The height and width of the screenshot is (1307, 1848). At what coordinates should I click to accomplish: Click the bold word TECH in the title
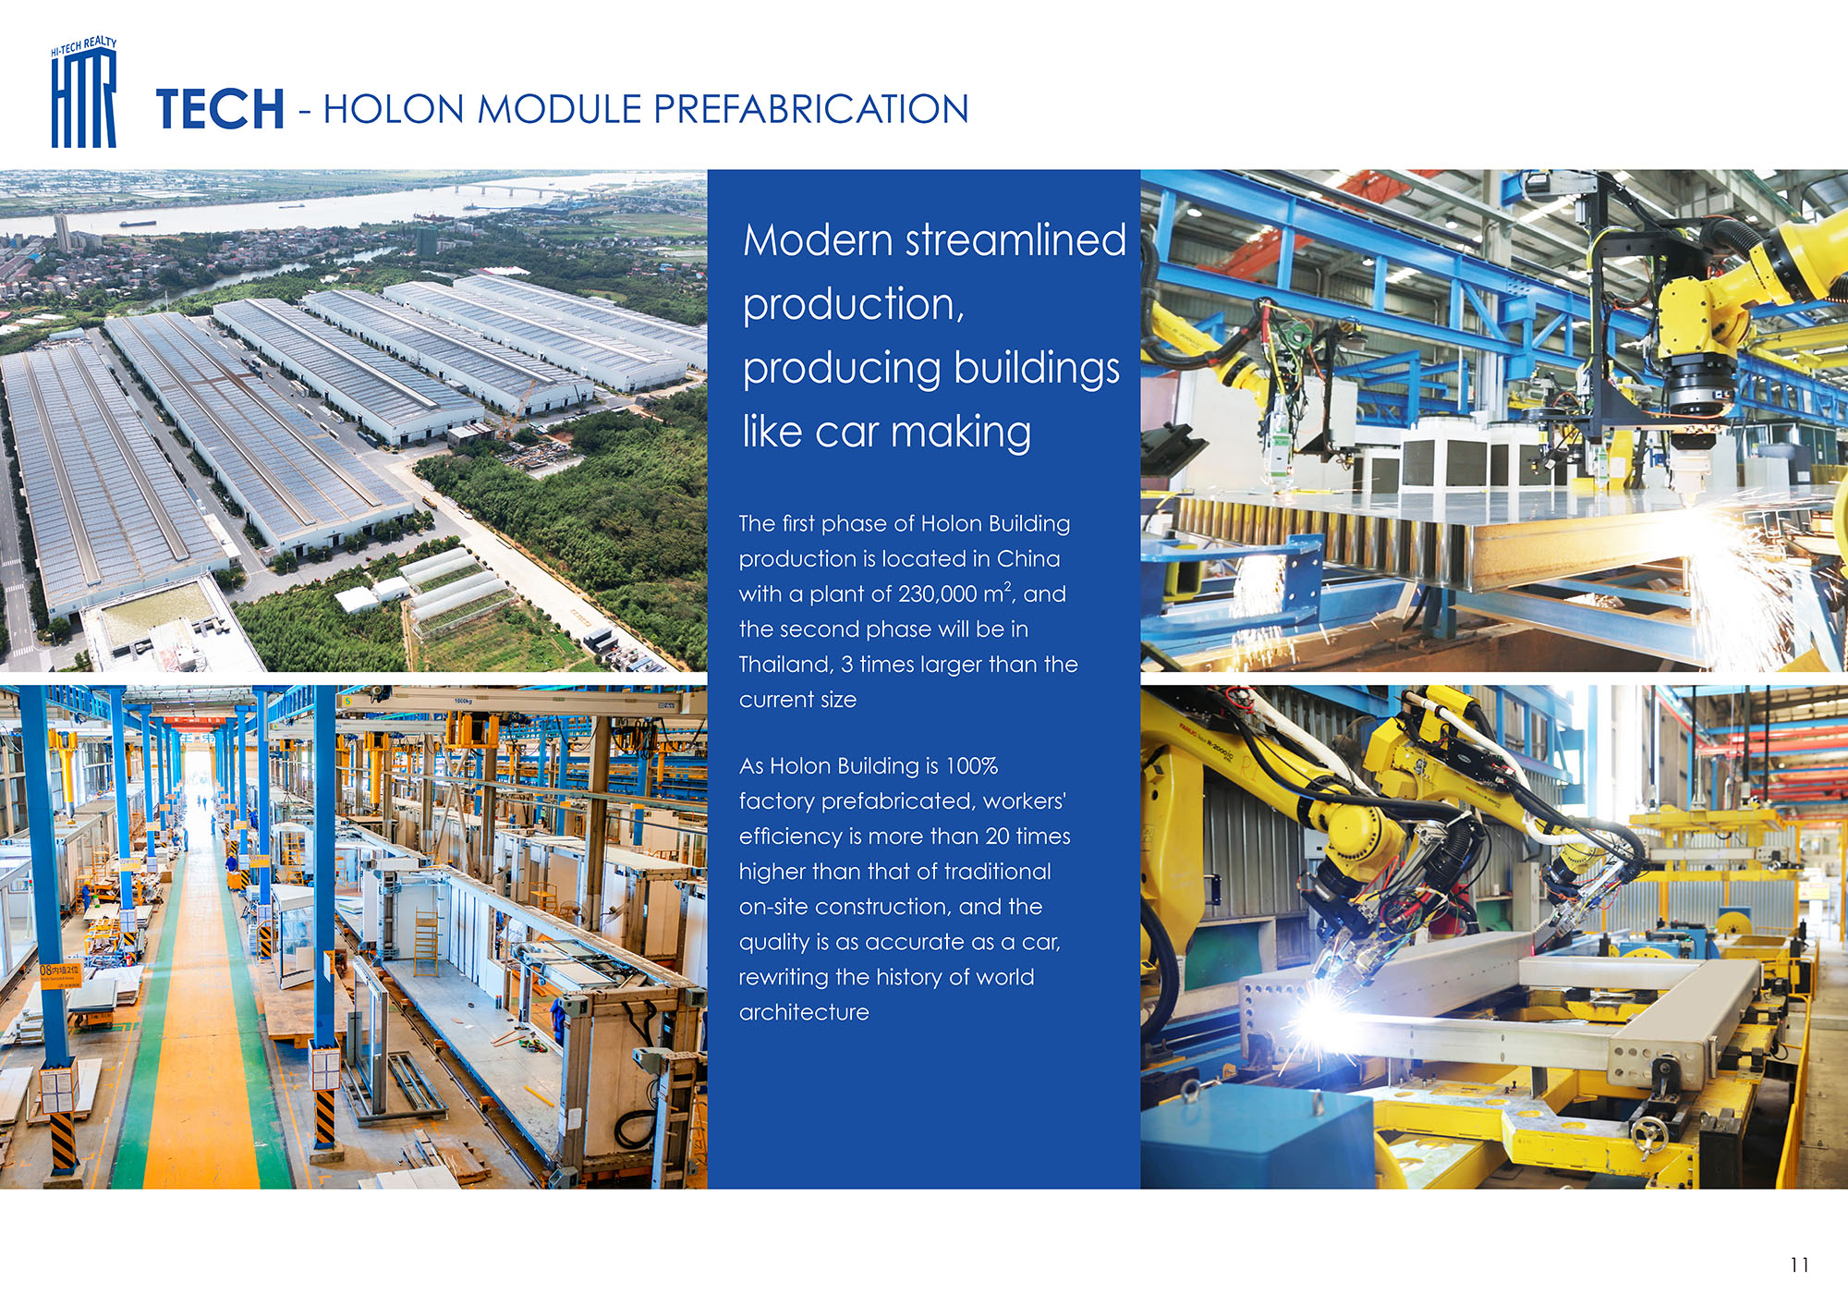(220, 109)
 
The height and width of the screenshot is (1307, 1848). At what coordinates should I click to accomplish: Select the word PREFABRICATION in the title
(811, 109)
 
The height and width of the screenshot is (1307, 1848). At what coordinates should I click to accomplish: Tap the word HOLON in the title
(394, 109)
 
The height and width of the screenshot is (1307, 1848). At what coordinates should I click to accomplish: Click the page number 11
(1799, 1264)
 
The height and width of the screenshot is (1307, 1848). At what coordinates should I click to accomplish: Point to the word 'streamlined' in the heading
(1015, 240)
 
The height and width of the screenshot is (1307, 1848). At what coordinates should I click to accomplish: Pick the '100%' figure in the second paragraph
(971, 766)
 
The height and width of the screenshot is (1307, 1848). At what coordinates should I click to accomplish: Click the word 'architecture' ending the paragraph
(804, 1012)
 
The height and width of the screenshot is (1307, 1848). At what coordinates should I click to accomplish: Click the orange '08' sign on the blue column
(60, 974)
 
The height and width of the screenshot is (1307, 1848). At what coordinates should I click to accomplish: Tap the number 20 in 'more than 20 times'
(996, 837)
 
